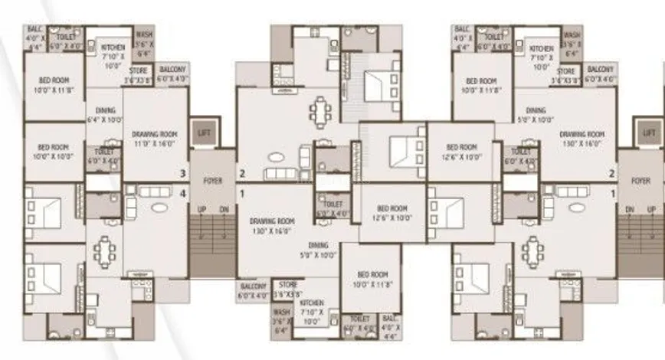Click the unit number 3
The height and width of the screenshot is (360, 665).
point(182,173)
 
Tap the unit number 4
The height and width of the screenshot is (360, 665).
point(182,194)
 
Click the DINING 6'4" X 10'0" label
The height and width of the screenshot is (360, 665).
point(105,116)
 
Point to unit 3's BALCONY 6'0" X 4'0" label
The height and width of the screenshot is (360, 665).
point(172,74)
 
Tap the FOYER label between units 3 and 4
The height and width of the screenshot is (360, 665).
point(212,182)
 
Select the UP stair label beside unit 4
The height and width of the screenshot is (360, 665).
point(202,209)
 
